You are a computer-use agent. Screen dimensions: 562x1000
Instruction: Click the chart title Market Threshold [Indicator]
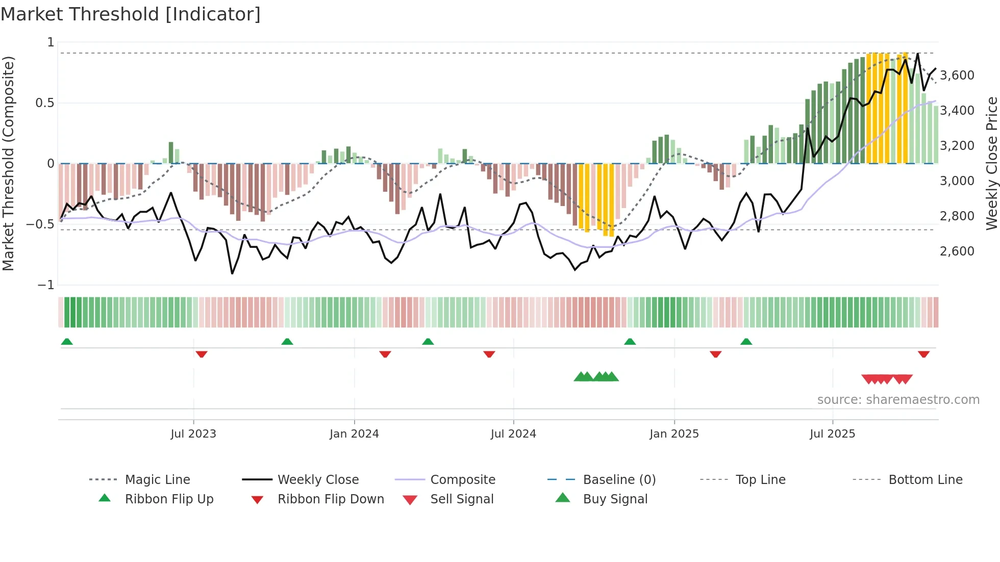point(131,14)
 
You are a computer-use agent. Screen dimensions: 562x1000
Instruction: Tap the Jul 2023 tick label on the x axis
point(193,434)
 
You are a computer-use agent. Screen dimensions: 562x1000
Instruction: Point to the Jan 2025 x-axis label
point(674,434)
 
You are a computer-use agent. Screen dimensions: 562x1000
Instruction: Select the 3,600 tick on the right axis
point(957,75)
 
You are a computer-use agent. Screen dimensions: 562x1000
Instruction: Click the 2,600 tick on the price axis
point(957,251)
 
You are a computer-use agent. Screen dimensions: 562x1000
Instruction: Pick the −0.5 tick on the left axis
point(40,224)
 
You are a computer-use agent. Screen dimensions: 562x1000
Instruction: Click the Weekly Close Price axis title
point(991,163)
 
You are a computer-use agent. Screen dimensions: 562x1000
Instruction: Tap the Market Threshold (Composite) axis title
point(8,163)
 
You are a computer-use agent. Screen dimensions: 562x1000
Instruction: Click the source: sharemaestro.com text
point(898,400)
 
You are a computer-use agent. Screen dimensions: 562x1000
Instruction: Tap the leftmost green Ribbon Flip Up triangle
point(67,342)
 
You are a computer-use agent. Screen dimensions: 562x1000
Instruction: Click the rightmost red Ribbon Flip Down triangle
point(923,354)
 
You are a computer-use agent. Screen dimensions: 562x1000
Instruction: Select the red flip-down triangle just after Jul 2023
point(202,354)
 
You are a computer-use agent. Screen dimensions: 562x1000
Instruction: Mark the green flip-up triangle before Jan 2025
point(630,342)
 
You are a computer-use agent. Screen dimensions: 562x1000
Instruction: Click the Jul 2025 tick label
point(832,434)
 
